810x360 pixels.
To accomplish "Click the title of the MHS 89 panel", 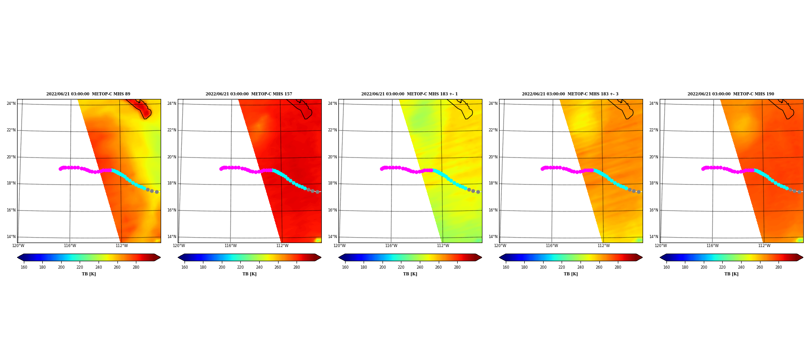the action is (x=88, y=94).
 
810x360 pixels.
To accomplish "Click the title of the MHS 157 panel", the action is (x=249, y=94).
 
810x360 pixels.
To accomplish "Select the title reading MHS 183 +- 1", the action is (x=409, y=94).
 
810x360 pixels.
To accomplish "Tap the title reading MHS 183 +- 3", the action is (x=570, y=94).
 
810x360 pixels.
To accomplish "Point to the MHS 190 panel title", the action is (x=731, y=94).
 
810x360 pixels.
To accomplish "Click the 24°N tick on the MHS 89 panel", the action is (x=11, y=103).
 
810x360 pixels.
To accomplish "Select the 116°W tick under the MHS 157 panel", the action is (x=230, y=246).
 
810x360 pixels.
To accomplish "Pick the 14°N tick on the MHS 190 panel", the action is (x=654, y=237).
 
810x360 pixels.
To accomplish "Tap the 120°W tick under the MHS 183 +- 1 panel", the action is (x=340, y=246).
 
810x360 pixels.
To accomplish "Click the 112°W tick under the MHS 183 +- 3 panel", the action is (x=603, y=246).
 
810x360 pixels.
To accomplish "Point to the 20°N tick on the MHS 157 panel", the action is (x=172, y=157).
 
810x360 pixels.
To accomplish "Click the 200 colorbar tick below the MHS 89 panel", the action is (x=61, y=267).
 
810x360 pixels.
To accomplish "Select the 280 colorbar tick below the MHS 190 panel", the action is (x=778, y=267).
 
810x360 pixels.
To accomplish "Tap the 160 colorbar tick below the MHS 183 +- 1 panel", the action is (x=345, y=267).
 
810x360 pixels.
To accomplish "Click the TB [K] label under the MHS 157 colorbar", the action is (x=250, y=274).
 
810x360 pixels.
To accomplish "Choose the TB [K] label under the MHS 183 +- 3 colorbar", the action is (x=571, y=274).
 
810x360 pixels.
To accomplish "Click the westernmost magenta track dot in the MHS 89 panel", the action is (x=60, y=169).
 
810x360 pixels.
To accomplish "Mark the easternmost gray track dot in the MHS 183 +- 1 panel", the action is (x=478, y=192).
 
